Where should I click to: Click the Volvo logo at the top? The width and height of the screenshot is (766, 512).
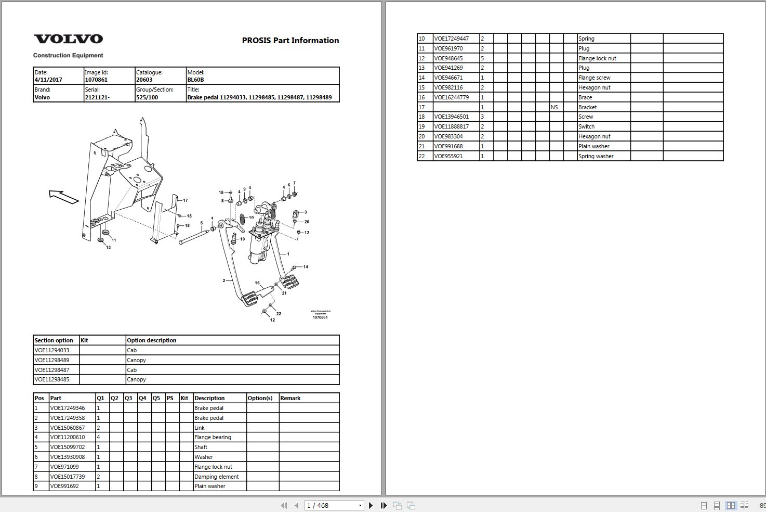pos(68,39)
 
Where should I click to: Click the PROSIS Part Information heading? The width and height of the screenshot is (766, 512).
pos(290,41)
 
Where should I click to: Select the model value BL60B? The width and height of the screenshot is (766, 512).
pos(196,80)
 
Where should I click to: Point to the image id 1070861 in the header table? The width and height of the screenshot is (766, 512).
pos(96,80)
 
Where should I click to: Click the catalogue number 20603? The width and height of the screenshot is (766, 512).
pos(144,80)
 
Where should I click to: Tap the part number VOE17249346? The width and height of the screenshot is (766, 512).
pos(67,408)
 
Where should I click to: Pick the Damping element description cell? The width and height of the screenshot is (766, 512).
pos(217,477)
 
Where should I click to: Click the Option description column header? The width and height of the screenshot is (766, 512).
pos(152,340)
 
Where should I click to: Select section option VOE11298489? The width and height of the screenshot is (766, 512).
pos(52,360)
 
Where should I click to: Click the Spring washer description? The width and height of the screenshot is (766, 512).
pos(596,156)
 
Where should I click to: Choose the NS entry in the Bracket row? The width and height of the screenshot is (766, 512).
pos(554,107)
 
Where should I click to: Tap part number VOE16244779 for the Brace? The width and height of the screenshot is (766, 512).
pos(451,97)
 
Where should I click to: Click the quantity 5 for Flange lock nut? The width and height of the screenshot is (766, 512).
pos(483,58)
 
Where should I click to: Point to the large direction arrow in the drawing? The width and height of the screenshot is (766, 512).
pos(63,197)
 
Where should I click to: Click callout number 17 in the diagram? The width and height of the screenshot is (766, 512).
pos(185,200)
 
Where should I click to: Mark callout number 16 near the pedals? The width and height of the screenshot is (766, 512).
pos(257,283)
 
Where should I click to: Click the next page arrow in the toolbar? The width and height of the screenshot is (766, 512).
pos(371,505)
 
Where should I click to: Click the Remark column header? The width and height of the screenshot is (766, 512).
pos(290,398)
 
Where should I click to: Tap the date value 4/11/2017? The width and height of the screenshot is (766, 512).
pos(48,80)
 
